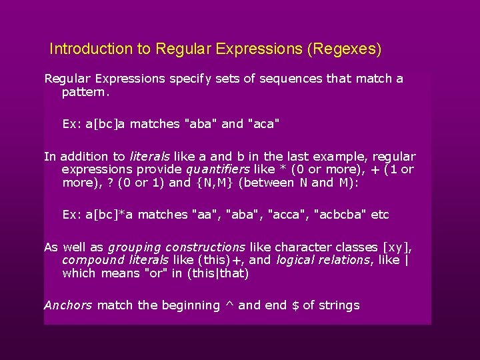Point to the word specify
(x=190, y=79)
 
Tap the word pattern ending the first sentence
(x=84, y=92)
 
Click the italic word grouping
(x=134, y=247)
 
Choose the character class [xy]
(x=398, y=247)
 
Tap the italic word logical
(x=297, y=260)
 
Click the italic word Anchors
(x=68, y=305)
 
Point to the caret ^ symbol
(x=229, y=305)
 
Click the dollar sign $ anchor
(x=295, y=305)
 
